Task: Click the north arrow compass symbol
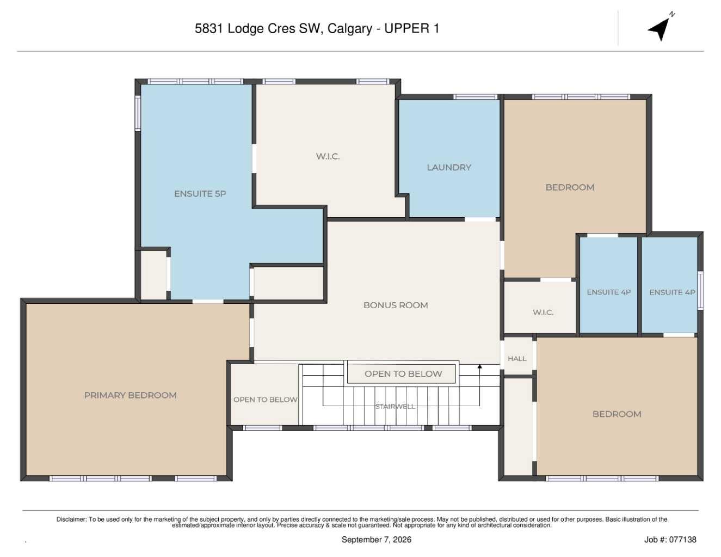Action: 661,28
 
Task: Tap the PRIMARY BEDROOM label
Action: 130,395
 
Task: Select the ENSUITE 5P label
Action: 200,193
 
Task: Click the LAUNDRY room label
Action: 448,167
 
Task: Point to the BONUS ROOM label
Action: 396,305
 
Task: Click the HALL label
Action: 516,358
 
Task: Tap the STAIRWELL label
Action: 395,406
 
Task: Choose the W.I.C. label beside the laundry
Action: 328,156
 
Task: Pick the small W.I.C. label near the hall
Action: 543,313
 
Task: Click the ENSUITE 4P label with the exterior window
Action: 672,292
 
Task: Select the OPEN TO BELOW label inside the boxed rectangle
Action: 403,374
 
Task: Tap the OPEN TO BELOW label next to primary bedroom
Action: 265,400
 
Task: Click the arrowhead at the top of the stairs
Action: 479,366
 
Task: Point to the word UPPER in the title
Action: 407,28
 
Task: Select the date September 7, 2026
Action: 376,540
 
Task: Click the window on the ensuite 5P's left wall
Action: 137,113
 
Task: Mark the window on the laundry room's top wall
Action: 475,97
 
